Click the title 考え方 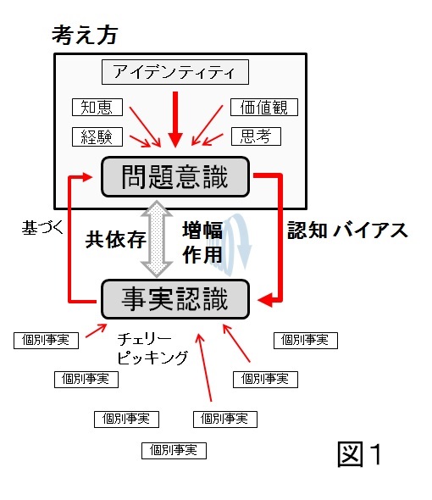85,35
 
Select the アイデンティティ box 175,72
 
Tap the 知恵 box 97,107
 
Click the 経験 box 97,136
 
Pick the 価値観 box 264,107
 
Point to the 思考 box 256,136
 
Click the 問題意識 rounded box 175,176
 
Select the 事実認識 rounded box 175,299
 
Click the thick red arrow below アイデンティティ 175,119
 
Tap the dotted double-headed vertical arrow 157,238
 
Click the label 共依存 115,239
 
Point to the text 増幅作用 202,242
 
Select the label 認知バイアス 347,231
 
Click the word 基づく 42,228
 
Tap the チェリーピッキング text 152,348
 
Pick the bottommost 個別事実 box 174,451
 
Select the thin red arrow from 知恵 145,127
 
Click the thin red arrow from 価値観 208,125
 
